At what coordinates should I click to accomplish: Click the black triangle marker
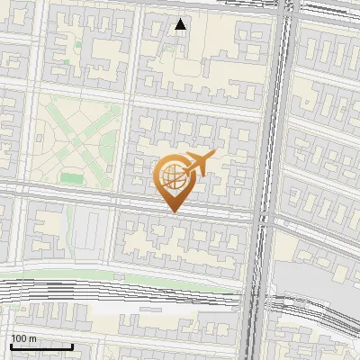point(181,24)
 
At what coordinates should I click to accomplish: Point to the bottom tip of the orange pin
point(174,212)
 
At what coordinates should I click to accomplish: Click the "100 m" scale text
point(24,338)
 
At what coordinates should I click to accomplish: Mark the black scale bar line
point(41,346)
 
